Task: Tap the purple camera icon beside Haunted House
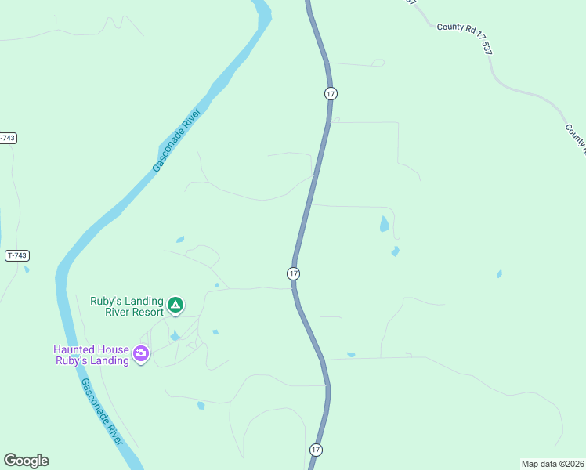141,354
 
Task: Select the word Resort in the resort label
145,312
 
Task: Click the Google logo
26,461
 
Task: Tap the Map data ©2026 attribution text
552,463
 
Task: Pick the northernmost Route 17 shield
331,93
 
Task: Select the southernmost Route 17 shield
315,450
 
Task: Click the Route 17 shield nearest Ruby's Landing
293,273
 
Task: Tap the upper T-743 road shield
6,138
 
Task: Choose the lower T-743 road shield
16,256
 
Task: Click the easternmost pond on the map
499,274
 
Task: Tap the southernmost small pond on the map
201,406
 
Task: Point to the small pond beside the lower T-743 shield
27,270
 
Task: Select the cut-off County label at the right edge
576,138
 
